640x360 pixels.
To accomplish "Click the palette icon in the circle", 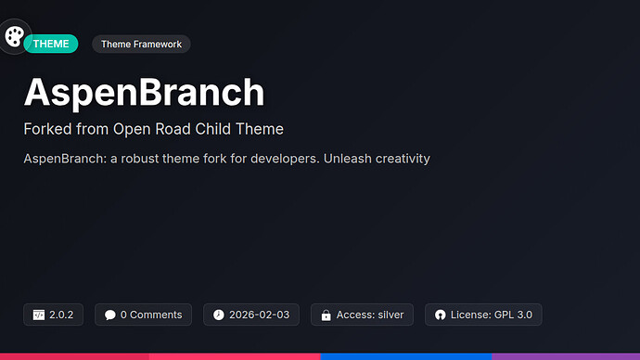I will pyautogui.click(x=15, y=37).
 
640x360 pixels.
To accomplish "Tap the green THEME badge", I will pyautogui.click(x=51, y=44).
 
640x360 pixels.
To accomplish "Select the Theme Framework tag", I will pyautogui.click(x=141, y=44).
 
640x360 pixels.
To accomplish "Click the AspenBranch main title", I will pyautogui.click(x=144, y=92).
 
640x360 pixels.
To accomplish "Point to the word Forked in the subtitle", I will pyautogui.click(x=48, y=129).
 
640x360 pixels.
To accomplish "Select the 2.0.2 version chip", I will pyautogui.click(x=54, y=315).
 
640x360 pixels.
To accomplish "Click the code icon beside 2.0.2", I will pyautogui.click(x=39, y=315).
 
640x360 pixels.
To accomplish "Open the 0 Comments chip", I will pyautogui.click(x=143, y=315).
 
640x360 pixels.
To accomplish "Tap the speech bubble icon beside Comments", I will pyautogui.click(x=110, y=315).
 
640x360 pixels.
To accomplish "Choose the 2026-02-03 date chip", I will pyautogui.click(x=251, y=315).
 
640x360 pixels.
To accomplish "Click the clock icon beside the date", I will pyautogui.click(x=219, y=315).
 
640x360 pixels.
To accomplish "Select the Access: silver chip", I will pyautogui.click(x=362, y=315).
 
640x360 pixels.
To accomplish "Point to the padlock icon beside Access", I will pyautogui.click(x=326, y=315).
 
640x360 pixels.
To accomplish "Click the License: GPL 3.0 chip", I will pyautogui.click(x=482, y=315).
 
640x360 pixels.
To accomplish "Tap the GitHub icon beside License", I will pyautogui.click(x=440, y=315).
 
